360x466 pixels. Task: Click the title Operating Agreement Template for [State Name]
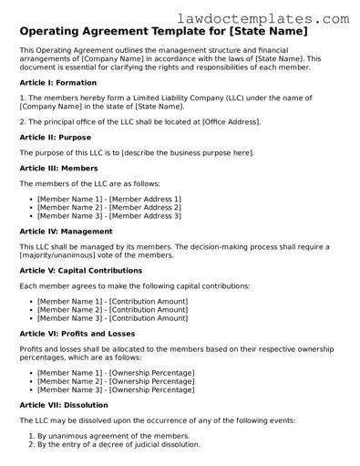point(162,32)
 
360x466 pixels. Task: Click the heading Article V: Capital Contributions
point(80,271)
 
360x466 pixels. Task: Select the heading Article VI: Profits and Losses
point(77,334)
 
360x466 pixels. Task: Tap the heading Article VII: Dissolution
point(63,405)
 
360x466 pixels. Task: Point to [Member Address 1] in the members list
point(145,200)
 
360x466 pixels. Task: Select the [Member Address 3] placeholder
point(145,216)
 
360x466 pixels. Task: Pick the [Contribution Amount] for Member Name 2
point(149,310)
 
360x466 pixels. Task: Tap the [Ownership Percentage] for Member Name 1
point(152,373)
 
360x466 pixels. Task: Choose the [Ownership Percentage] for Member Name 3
point(152,389)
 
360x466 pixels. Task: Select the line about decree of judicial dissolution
point(118,445)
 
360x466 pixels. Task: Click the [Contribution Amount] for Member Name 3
point(149,318)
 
